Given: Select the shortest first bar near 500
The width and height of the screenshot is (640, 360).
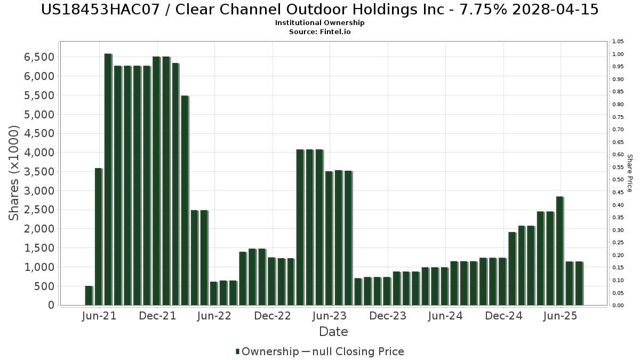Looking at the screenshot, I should tap(89, 295).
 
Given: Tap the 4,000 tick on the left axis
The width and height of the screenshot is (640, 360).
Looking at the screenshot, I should tap(40, 153).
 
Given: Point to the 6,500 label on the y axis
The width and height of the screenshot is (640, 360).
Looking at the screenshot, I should tap(40, 57).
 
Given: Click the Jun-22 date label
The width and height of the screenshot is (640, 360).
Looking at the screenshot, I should tap(214, 316).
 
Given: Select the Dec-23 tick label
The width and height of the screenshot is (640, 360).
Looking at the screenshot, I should tap(388, 316).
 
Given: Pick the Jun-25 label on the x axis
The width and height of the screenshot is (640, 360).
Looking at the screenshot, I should tap(561, 316).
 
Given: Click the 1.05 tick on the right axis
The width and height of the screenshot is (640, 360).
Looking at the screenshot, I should tap(618, 42).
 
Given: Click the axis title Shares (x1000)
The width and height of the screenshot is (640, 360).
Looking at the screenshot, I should tap(14, 173).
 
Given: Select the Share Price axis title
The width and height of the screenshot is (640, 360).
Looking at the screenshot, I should tap(630, 173).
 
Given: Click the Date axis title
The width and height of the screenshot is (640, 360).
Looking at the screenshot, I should tap(333, 332).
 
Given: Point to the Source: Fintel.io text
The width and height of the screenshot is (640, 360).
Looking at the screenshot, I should tap(320, 32).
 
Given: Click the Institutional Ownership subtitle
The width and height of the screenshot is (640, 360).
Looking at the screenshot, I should tap(320, 23).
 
